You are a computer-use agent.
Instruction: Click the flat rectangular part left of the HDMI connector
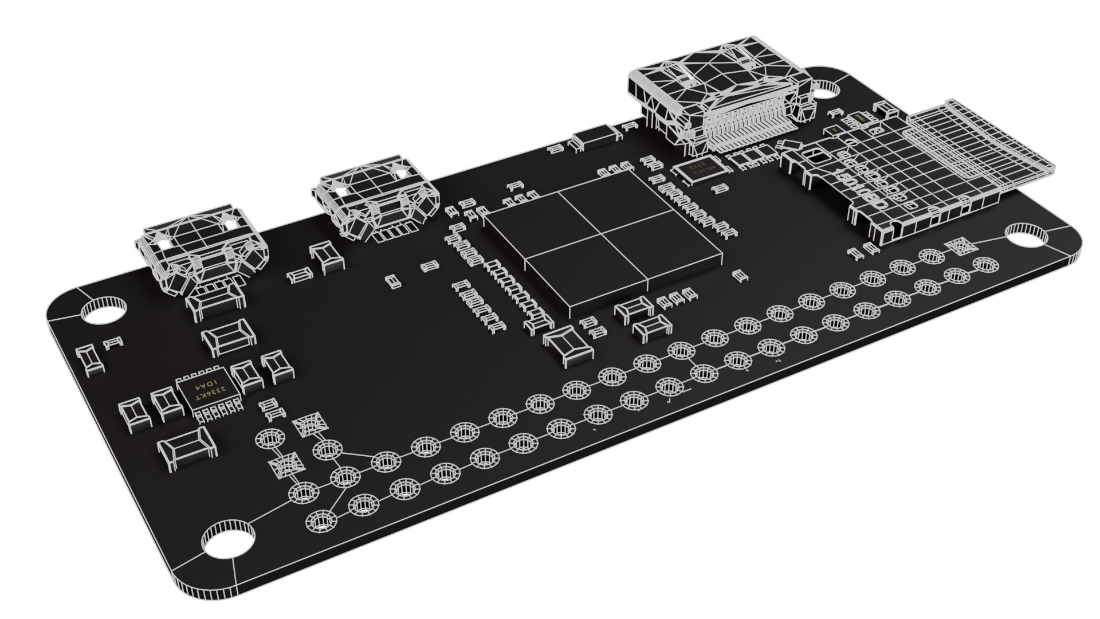pos(596,138)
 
